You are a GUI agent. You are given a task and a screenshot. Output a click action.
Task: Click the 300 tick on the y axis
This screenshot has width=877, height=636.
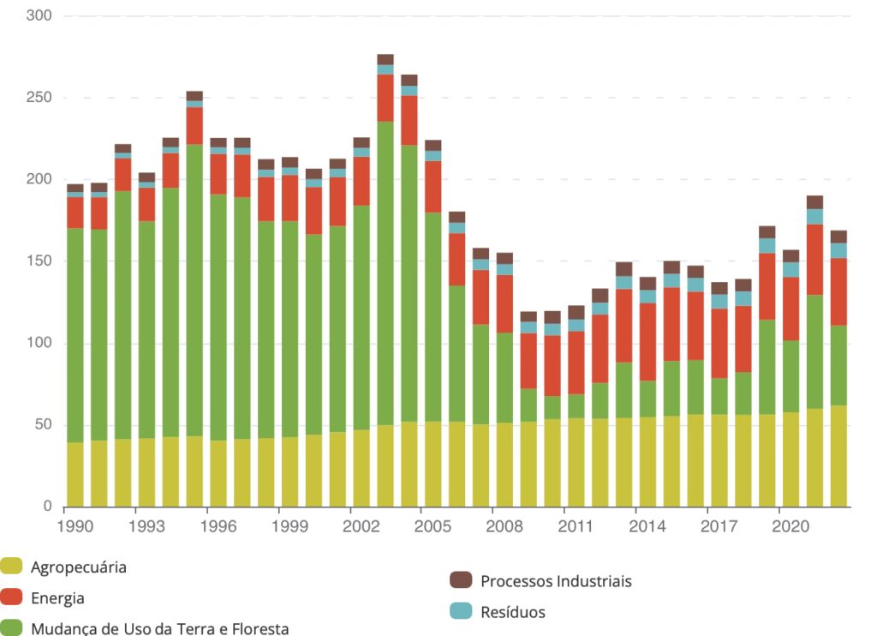(x=39, y=16)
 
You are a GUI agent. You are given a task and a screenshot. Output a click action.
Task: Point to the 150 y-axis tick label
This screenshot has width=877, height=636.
(x=39, y=261)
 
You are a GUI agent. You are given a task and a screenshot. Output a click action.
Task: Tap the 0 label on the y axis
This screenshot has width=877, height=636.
(x=47, y=507)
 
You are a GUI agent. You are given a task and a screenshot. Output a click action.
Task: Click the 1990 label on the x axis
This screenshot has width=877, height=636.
(x=75, y=526)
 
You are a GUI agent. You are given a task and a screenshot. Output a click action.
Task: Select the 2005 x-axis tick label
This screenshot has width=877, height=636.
(x=433, y=526)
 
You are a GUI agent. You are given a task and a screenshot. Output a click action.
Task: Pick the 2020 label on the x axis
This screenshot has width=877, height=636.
(x=790, y=526)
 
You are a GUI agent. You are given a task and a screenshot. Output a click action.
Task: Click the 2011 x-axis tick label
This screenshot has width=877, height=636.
(x=576, y=526)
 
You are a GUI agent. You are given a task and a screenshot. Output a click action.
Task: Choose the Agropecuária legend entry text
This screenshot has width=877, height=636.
(x=79, y=567)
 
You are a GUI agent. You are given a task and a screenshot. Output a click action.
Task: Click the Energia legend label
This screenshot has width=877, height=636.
(x=57, y=598)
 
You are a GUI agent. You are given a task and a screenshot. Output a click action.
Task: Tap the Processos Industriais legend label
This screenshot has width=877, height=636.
(x=556, y=581)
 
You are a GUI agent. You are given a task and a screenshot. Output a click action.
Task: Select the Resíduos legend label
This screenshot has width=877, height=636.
(x=513, y=612)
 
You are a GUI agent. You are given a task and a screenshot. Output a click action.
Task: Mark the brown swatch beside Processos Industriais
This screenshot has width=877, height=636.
(x=461, y=580)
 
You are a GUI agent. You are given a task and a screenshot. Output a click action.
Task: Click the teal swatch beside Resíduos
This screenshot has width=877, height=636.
(x=461, y=611)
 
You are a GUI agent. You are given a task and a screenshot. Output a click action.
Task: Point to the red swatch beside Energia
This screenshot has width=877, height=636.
(x=11, y=597)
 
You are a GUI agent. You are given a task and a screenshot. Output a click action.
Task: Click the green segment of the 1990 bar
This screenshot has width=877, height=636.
(x=75, y=334)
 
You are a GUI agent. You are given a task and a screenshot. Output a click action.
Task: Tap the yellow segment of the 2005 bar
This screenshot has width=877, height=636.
(x=433, y=464)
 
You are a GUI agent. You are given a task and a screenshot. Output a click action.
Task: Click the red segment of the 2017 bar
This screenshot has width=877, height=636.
(x=719, y=343)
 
